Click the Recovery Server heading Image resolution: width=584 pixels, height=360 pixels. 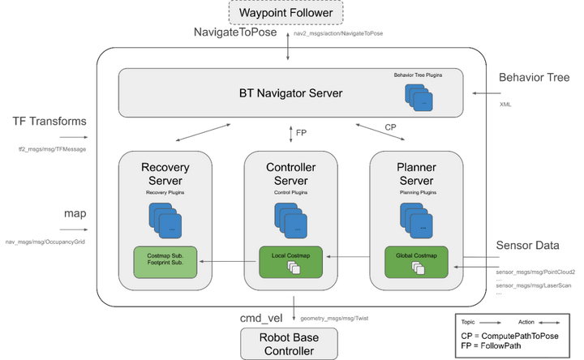tap(165, 174)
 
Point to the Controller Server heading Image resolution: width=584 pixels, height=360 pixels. tap(291, 174)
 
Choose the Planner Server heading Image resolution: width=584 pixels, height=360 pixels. tap(417, 174)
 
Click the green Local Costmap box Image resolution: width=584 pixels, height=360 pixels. tap(291, 261)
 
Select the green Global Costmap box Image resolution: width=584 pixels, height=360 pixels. tap(417, 261)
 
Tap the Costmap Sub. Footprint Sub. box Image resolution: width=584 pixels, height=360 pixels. tap(165, 261)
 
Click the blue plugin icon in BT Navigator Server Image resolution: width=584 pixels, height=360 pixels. tap(419, 98)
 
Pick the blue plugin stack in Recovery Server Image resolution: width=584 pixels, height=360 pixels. tap(165, 219)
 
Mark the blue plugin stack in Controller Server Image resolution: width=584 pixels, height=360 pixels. tap(291, 219)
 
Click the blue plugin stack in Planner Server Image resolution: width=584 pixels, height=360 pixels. tap(417, 219)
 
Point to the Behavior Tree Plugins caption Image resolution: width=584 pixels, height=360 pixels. tap(419, 75)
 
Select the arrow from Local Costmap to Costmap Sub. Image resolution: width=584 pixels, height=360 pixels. tap(229, 261)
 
